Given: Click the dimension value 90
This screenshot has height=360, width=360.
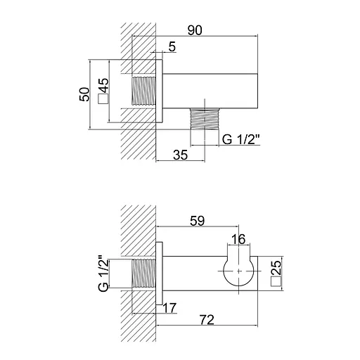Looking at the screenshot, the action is coord(195,30).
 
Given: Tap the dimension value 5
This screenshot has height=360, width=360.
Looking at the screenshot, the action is coord(172,46).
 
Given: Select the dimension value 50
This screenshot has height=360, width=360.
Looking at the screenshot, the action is coord(84,94).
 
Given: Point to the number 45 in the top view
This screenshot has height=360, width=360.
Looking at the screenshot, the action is coord(103,85).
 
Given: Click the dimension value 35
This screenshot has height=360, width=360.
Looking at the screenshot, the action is coord(181,155).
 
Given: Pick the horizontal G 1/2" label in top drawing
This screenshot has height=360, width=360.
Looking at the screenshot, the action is coord(241,139).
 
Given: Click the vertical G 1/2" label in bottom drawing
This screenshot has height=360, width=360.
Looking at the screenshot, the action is coord(103,274).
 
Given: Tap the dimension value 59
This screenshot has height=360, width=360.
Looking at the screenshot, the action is coord(197,221).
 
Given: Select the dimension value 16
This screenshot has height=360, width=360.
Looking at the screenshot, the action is coord(238,239).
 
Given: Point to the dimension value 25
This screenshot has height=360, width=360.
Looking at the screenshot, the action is coord(276,268).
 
